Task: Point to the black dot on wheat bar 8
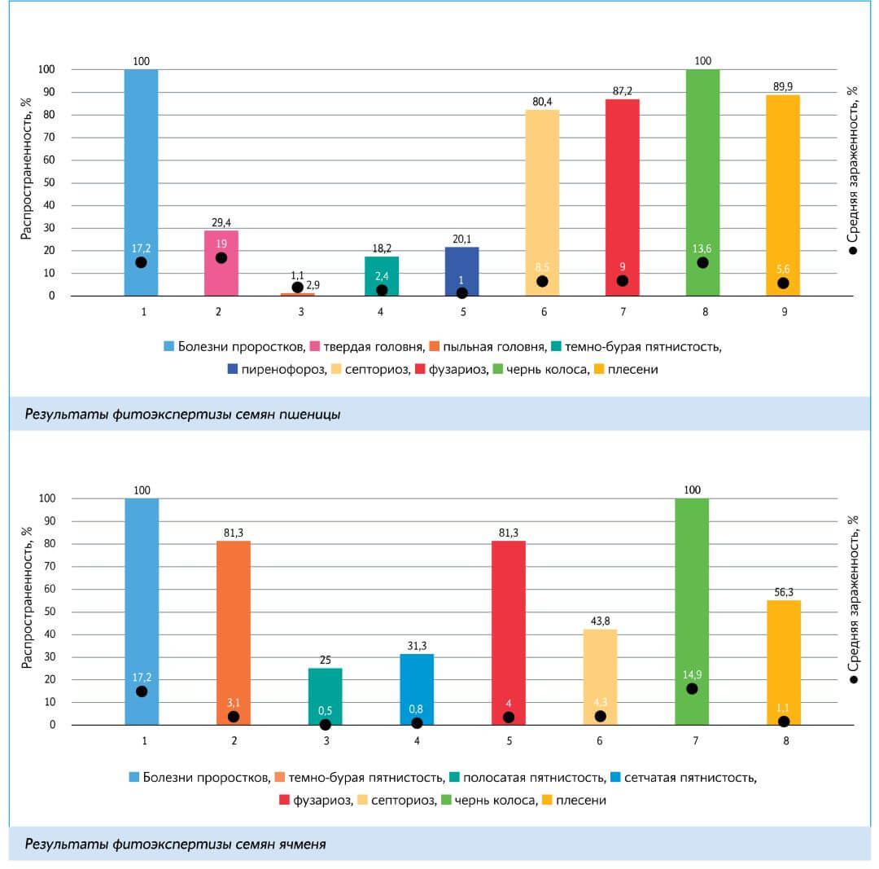702,262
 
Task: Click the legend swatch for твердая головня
316,347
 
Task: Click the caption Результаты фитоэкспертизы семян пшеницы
182,414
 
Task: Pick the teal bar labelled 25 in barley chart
325,696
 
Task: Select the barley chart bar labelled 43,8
600,676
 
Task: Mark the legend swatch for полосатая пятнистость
454,778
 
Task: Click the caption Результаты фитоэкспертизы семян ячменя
175,844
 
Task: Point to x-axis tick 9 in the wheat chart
783,311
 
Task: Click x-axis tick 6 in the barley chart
600,740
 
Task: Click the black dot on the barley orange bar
234,717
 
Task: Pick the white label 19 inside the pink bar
221,243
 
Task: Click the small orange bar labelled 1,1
298,294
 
